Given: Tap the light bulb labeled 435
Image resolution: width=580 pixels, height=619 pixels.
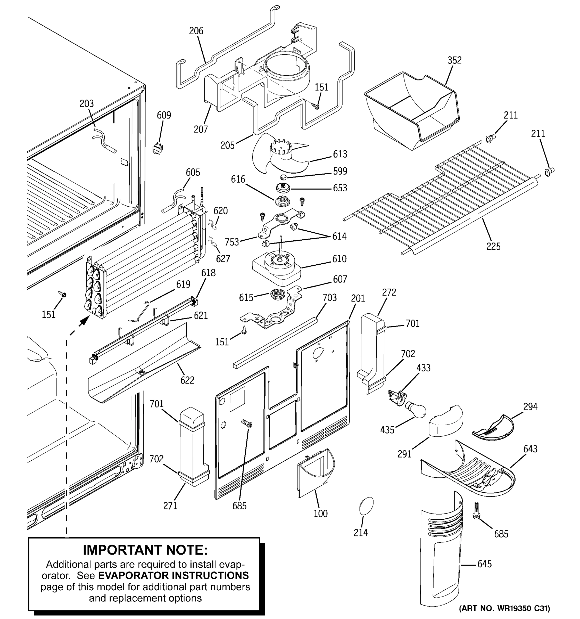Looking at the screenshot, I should (x=415, y=409).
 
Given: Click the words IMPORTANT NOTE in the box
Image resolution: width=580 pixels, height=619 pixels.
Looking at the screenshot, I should (x=145, y=550).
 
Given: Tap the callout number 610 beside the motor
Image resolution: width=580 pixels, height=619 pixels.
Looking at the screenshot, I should (x=339, y=259).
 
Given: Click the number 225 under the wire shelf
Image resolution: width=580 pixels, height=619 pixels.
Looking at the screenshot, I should (x=493, y=246).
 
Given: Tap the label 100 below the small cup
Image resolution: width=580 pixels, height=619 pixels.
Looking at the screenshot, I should (x=320, y=513).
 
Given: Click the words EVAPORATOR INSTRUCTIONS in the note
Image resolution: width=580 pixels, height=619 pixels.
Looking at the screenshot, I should (x=173, y=575).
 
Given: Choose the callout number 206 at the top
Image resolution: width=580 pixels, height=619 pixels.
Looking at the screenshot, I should (x=196, y=31).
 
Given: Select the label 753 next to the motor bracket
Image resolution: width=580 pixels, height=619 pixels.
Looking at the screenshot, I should (x=232, y=242).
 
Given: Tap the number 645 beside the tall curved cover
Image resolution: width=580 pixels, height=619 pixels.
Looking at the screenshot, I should (x=484, y=564).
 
